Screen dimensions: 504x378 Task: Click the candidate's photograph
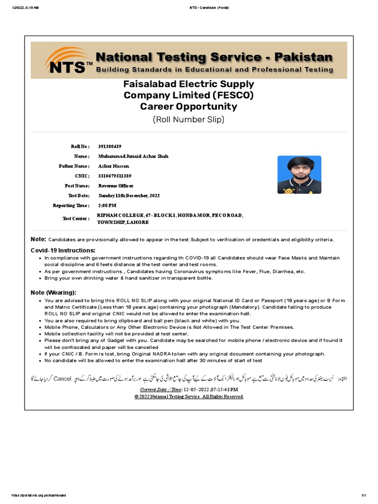(299, 175)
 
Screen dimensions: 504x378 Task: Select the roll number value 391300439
(109, 147)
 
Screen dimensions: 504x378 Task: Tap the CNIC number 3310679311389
(114, 176)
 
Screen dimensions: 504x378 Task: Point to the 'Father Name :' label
(74, 166)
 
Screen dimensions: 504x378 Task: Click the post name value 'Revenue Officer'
(116, 186)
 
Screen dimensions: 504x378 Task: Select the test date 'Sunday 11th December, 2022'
(129, 195)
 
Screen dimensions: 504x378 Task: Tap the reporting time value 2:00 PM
(107, 205)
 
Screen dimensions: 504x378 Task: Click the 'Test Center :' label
(76, 219)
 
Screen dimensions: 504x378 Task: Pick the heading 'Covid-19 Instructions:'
(63, 251)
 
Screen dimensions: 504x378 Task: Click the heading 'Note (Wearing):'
(54, 292)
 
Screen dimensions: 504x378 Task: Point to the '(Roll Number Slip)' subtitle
(189, 119)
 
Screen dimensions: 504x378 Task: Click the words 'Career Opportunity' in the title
(189, 107)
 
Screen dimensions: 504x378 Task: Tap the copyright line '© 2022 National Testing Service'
(189, 396)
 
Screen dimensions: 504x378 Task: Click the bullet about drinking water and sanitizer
(128, 278)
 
